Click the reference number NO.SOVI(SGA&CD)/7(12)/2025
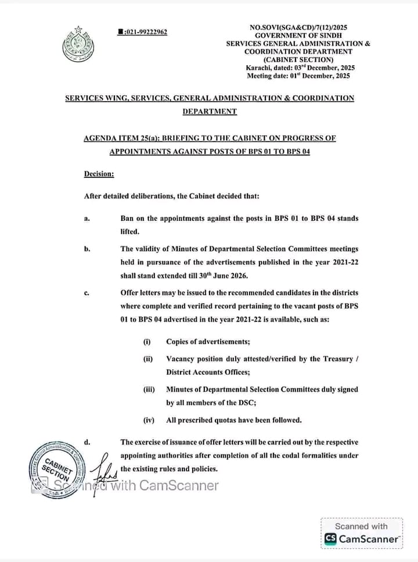tap(298, 27)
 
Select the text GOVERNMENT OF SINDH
tap(298, 35)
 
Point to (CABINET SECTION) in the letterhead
tap(298, 59)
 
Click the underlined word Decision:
tap(99, 173)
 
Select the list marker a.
tap(87, 219)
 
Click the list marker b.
tap(87, 249)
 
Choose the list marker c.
tap(87, 293)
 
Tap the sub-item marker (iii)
tap(149, 389)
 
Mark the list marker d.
tap(87, 442)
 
